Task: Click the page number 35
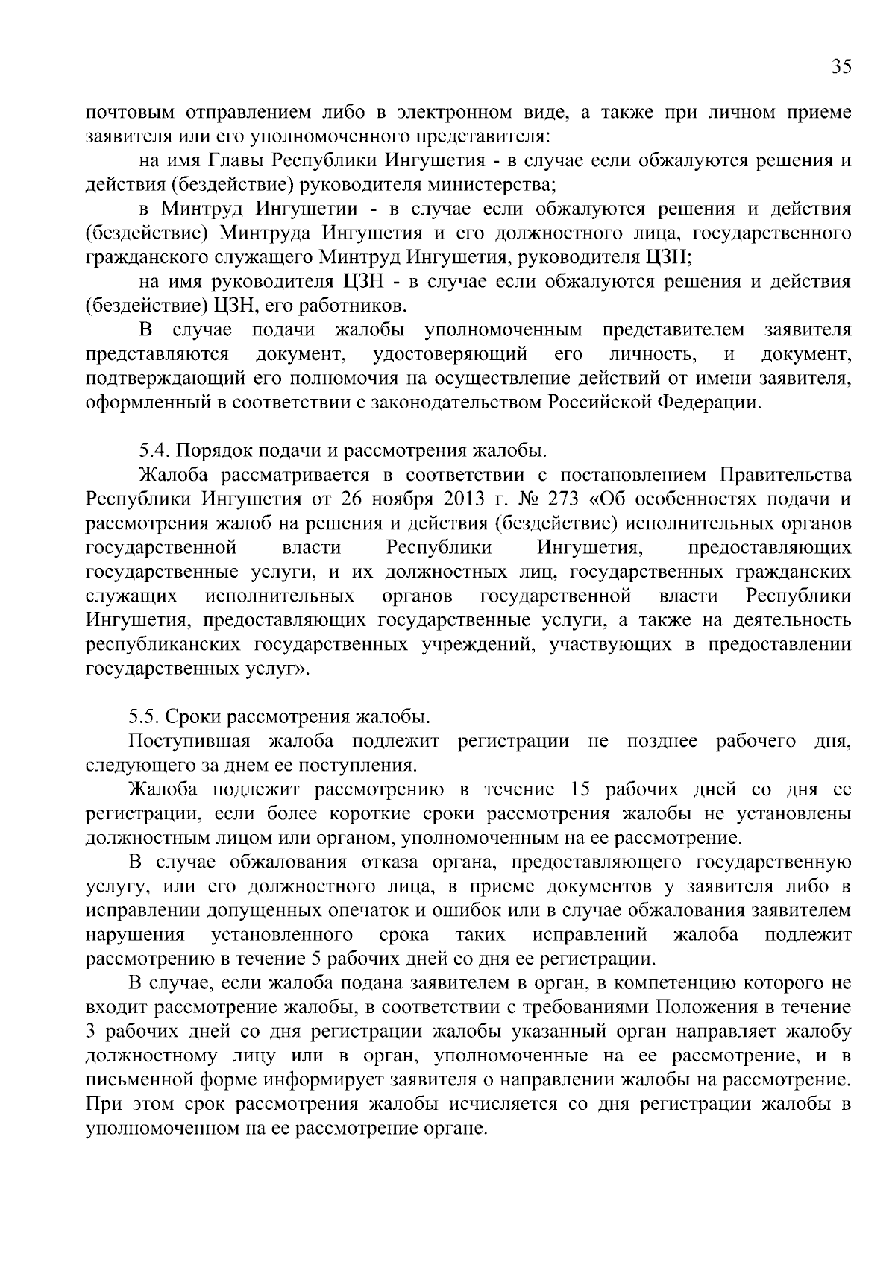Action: (841, 66)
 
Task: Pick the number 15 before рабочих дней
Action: (581, 789)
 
